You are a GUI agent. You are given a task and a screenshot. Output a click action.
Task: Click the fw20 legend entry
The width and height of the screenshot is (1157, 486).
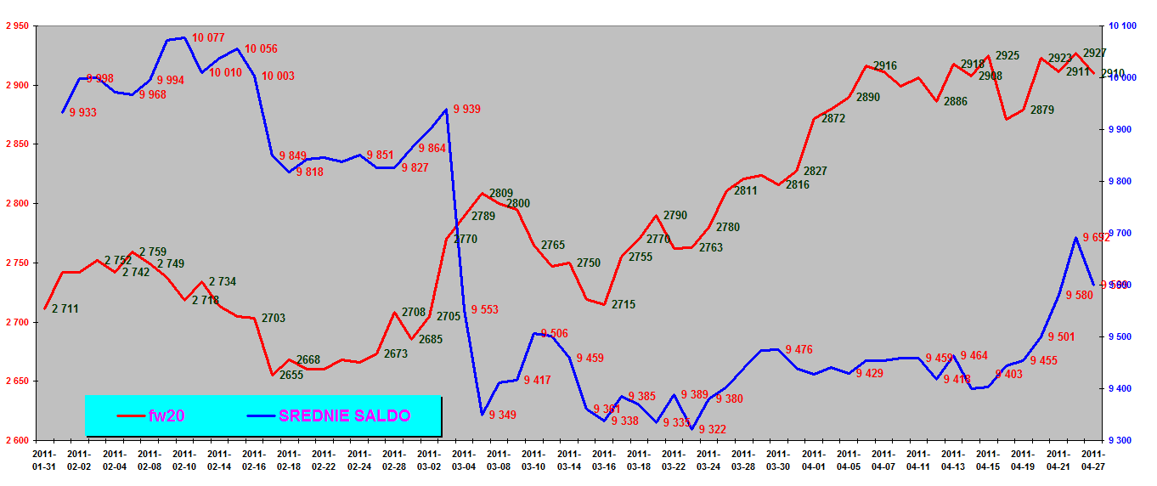click(166, 415)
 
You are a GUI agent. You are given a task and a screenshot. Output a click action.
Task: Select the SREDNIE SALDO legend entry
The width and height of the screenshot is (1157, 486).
click(344, 415)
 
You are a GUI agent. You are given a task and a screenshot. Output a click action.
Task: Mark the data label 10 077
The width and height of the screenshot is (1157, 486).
click(208, 37)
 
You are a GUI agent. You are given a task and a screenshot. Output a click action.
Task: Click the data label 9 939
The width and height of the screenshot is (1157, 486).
click(467, 109)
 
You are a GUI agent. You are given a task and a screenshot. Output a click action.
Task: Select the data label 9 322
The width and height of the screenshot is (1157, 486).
click(713, 429)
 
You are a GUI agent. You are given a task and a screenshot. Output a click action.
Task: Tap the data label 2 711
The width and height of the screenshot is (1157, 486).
click(65, 308)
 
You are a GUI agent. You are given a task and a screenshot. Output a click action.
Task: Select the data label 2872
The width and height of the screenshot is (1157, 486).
click(833, 119)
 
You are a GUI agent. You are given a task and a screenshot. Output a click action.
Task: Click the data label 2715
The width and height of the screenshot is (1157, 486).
click(623, 304)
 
